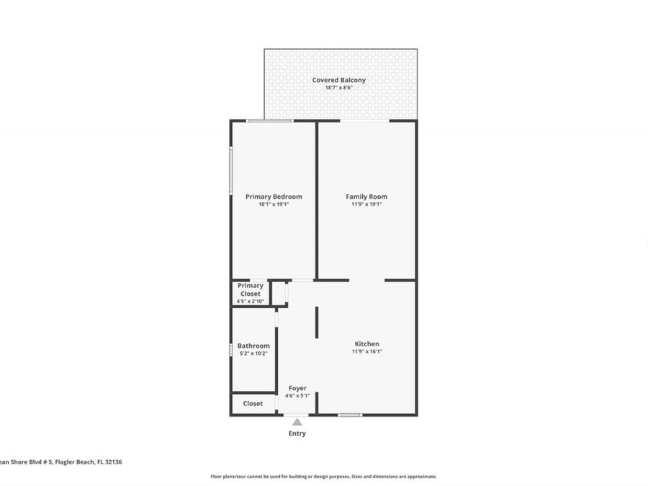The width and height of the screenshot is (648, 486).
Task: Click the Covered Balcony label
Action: click(338, 80)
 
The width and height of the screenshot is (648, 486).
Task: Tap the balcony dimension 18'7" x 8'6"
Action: click(338, 88)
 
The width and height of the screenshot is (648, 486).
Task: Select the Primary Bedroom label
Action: click(274, 197)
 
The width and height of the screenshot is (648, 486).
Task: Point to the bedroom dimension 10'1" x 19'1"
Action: click(274, 204)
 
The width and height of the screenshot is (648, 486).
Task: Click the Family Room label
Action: click(366, 197)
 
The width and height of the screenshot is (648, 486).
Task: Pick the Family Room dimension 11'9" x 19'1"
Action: click(366, 204)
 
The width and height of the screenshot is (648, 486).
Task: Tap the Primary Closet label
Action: click(251, 289)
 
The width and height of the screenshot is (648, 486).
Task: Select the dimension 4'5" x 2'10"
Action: click(251, 301)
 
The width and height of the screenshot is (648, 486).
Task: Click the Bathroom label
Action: click(253, 346)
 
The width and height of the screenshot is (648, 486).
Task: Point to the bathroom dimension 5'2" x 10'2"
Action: click(253, 354)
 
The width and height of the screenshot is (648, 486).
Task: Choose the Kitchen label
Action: click(366, 343)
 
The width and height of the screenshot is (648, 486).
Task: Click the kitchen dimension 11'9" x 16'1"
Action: click(366, 351)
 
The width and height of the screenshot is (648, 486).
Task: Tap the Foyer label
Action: click(297, 388)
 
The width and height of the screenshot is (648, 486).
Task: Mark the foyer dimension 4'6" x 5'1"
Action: click(297, 396)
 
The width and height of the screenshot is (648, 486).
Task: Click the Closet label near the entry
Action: click(253, 404)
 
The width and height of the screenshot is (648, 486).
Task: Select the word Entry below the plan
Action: click(297, 433)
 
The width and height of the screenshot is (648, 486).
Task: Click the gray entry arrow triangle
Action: click(297, 422)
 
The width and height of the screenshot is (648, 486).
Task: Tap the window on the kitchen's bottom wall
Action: click(350, 415)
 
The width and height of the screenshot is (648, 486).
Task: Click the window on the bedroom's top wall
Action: click(269, 120)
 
